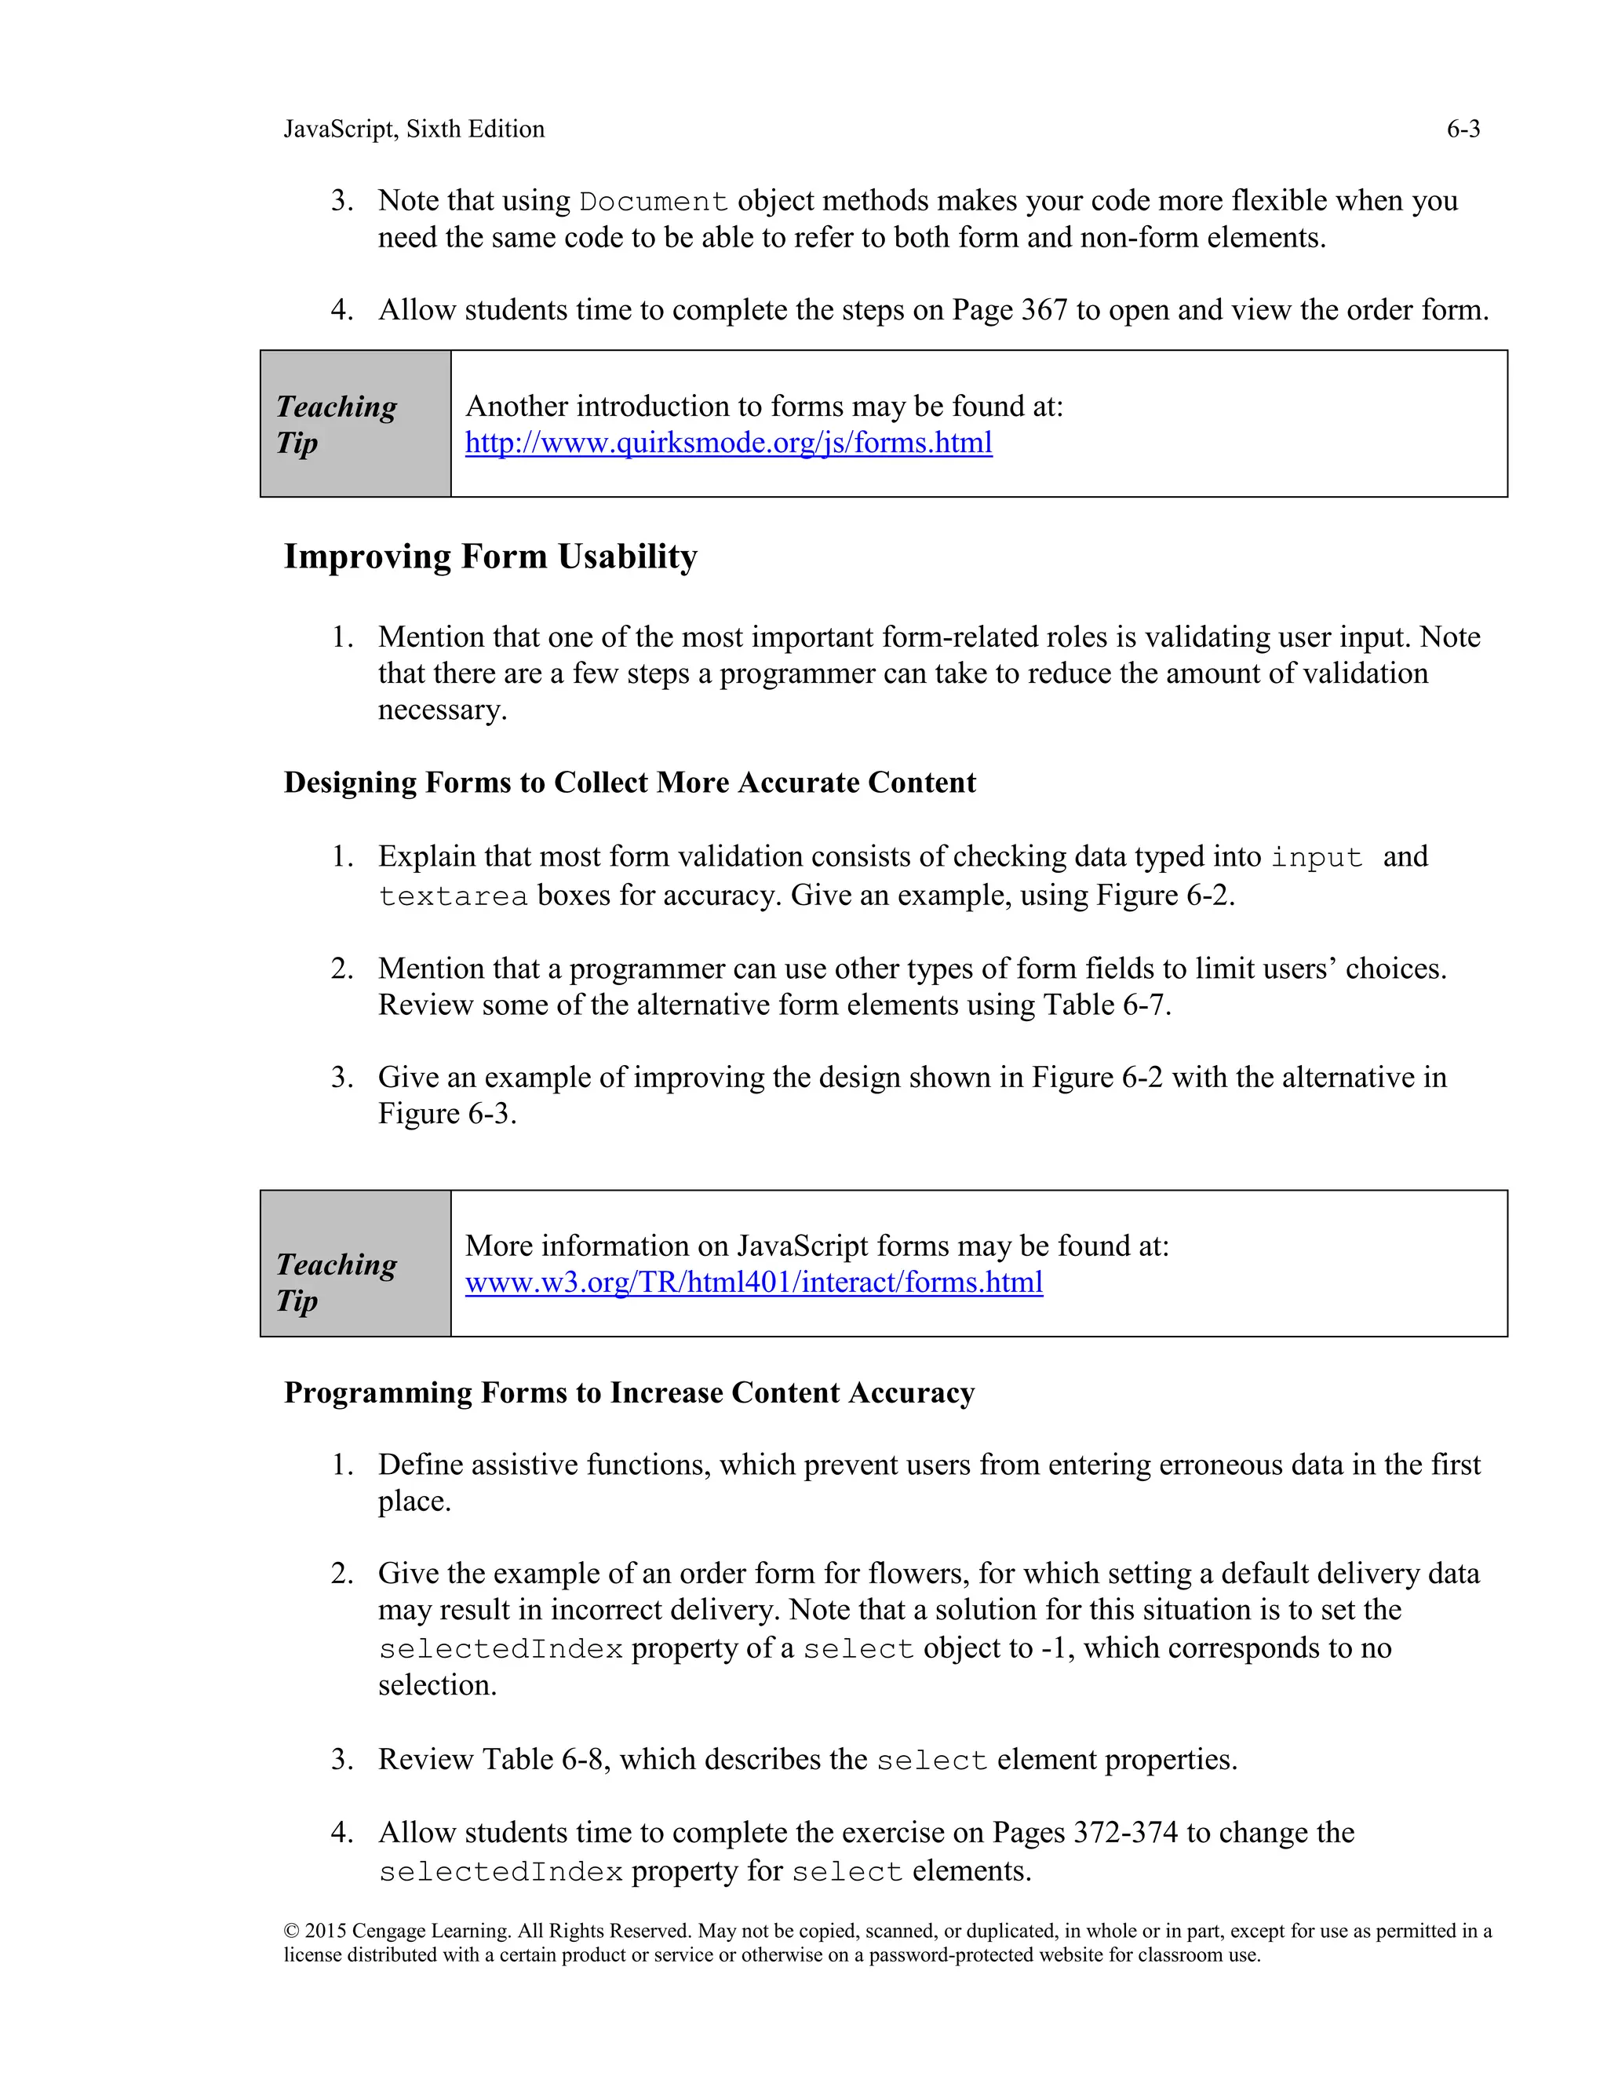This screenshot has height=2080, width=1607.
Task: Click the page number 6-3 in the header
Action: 1463,130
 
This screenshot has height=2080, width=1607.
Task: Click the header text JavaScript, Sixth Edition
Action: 414,130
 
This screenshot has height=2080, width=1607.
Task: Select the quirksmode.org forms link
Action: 728,443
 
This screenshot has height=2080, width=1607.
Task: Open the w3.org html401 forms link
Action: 754,1283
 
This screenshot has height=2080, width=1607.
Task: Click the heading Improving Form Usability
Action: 490,556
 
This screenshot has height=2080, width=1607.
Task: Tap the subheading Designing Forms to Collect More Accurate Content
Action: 629,783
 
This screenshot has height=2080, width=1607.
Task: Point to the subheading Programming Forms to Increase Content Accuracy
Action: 629,1392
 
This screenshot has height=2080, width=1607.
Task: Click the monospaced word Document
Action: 654,202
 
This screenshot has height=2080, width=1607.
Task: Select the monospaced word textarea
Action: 454,897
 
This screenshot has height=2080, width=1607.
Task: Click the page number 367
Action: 1044,311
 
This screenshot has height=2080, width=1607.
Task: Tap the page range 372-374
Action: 1125,1833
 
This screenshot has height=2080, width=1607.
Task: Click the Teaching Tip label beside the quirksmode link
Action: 336,425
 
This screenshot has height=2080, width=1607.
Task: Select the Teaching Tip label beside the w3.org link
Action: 336,1282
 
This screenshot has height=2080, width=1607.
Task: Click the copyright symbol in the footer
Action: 291,1932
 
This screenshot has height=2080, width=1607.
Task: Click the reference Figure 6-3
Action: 446,1115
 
